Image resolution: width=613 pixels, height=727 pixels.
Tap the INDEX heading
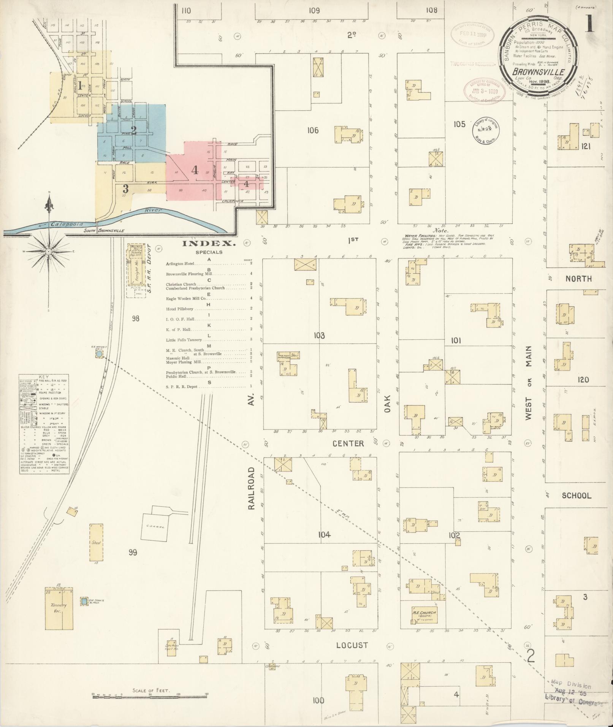pos(209,244)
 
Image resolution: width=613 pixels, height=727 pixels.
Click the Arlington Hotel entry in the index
pos(180,263)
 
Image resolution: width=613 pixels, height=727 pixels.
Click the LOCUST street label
pos(352,645)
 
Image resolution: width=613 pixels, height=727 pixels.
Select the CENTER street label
pos(348,443)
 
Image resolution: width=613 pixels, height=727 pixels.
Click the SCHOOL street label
pos(576,496)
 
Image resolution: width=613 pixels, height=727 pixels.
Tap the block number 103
pos(319,336)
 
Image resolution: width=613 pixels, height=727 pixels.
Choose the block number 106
pos(313,130)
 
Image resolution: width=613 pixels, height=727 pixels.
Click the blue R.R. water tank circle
pos(99,354)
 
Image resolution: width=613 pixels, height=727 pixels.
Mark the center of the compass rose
pos(49,252)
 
